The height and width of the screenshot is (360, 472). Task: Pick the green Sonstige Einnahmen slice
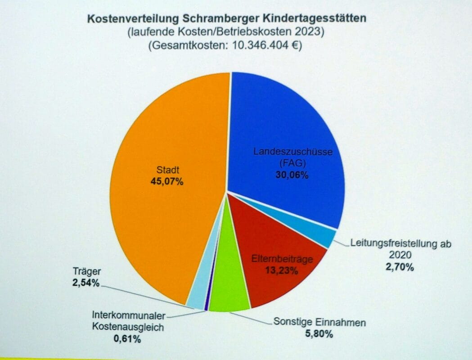(229, 288)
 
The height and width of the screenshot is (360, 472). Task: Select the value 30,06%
(292, 175)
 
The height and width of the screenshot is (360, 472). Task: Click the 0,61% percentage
(127, 338)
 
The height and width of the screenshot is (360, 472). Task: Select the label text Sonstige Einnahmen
(319, 322)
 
